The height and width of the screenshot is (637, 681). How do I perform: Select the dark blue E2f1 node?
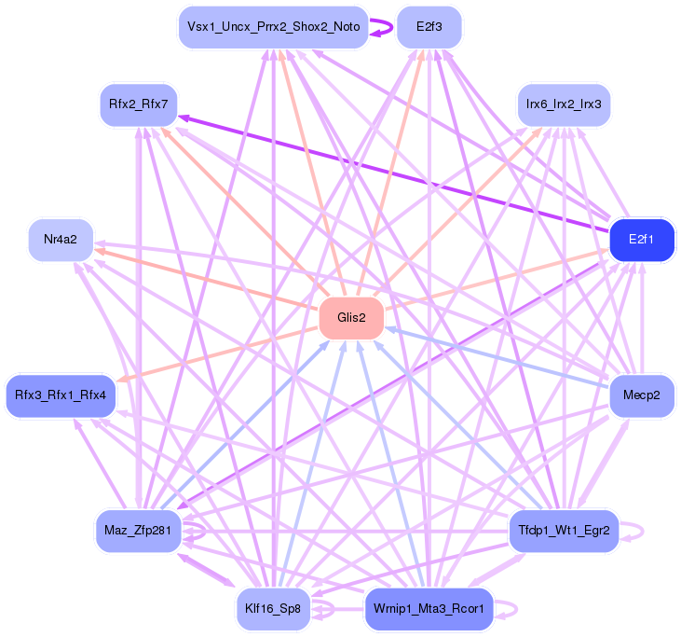pyautogui.click(x=640, y=241)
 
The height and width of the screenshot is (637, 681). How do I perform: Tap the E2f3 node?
pyautogui.click(x=429, y=27)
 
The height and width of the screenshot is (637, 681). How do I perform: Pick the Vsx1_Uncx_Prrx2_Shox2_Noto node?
pyautogui.click(x=273, y=27)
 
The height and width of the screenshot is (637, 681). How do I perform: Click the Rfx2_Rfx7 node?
pyautogui.click(x=138, y=104)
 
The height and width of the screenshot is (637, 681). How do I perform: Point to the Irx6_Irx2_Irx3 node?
pyautogui.click(x=564, y=104)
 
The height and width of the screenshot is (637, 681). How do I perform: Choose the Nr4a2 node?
pyautogui.click(x=61, y=241)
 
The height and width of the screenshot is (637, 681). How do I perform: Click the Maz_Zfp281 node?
pyautogui.click(x=138, y=532)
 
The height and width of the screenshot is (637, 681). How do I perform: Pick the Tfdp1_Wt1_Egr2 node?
pyautogui.click(x=564, y=532)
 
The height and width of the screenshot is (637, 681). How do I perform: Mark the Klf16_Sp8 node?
pyautogui.click(x=273, y=609)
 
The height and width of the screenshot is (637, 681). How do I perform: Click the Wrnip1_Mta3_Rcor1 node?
pyautogui.click(x=429, y=609)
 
